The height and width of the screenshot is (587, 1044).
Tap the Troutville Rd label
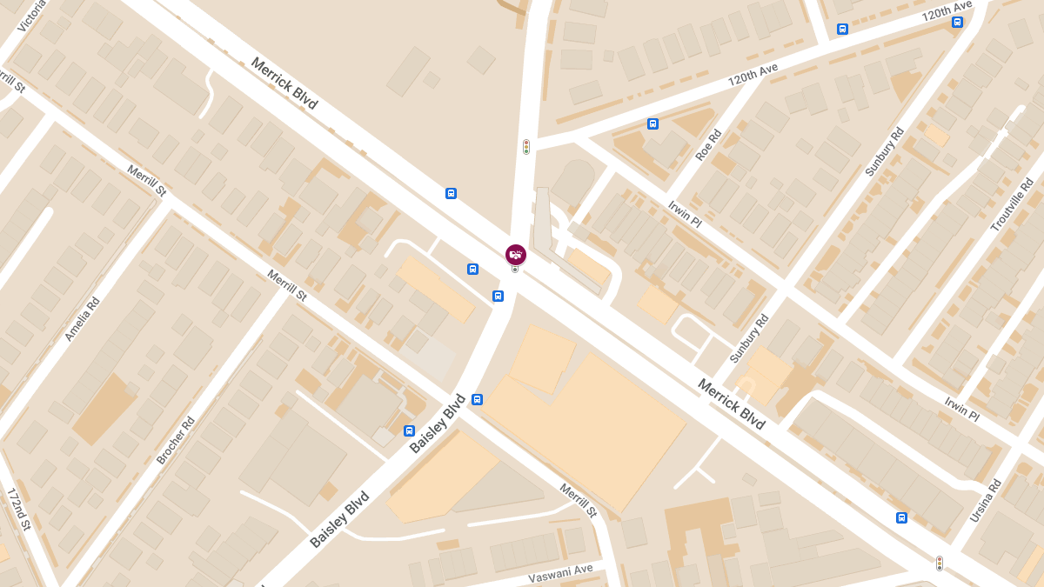tap(1013, 205)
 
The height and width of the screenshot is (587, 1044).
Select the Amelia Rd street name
tap(83, 319)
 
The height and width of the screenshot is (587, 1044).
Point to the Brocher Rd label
tap(176, 440)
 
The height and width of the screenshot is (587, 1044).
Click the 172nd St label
tap(19, 509)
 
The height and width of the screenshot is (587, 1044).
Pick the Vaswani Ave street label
tap(560, 574)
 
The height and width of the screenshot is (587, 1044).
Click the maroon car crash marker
tap(516, 254)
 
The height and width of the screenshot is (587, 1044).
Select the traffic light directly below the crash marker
tap(515, 270)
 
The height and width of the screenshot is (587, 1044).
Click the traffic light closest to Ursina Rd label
tap(940, 564)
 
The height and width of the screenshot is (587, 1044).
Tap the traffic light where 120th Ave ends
tap(526, 147)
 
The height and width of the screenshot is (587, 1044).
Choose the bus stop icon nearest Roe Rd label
tap(652, 123)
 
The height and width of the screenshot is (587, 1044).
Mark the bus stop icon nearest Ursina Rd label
tap(901, 518)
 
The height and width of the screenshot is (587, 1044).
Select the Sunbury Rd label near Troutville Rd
tap(885, 152)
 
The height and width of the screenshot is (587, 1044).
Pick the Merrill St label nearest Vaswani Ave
tap(579, 501)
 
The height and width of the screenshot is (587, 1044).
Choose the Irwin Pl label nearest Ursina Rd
tap(962, 409)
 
